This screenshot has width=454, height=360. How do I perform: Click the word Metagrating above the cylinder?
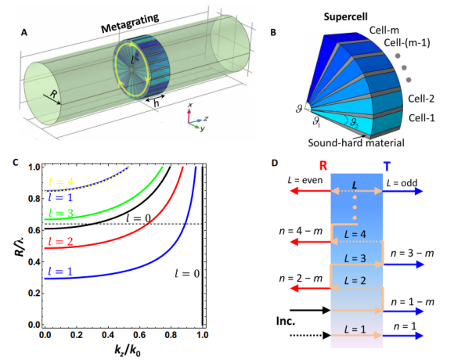[130, 23]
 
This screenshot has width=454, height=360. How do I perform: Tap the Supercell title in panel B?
[345, 16]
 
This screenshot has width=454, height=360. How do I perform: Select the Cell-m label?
[384, 30]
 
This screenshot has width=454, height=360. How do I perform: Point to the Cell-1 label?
[422, 117]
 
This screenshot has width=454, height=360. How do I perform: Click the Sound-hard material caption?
[356, 142]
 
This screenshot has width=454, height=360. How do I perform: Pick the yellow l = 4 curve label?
[61, 182]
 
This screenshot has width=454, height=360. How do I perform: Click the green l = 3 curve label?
[61, 214]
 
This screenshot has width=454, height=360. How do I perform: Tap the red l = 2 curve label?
[60, 241]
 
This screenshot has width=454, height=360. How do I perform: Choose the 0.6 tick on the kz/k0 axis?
[139, 335]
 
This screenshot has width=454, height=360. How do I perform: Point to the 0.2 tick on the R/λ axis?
[34, 293]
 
